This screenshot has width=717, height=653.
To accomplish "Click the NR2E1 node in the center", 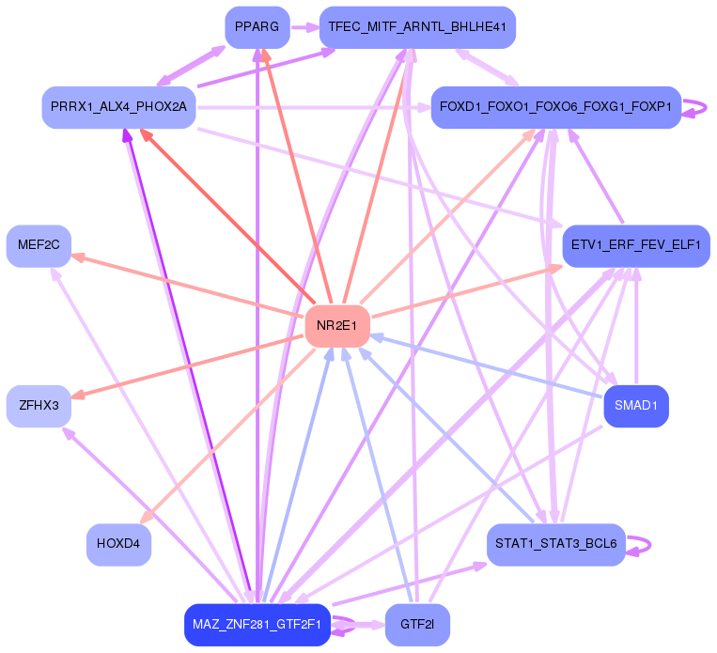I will [336, 326].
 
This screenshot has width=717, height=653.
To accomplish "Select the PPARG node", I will [257, 27].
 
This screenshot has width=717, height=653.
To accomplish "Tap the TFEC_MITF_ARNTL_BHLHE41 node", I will [417, 27].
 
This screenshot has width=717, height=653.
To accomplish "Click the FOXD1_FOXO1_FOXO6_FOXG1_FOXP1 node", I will [555, 107].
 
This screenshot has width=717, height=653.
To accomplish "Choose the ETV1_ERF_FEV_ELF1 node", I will [635, 245].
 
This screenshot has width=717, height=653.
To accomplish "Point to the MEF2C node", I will [39, 245].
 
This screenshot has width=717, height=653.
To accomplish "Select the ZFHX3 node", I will [39, 406].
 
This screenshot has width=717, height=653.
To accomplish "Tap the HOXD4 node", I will [118, 544].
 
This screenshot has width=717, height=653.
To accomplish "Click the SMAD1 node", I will [635, 406].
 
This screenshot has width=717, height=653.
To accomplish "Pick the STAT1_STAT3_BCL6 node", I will [555, 544].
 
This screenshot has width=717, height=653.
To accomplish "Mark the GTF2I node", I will [417, 624].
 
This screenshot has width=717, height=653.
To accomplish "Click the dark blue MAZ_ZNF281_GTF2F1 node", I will [257, 624].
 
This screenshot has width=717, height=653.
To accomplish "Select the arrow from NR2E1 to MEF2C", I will [188, 286].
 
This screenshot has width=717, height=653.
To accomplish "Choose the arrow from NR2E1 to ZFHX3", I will [188, 366].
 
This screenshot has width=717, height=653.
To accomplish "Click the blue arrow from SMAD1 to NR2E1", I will [489, 367].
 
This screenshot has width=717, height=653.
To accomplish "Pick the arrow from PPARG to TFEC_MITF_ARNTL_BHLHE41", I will [304, 27].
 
